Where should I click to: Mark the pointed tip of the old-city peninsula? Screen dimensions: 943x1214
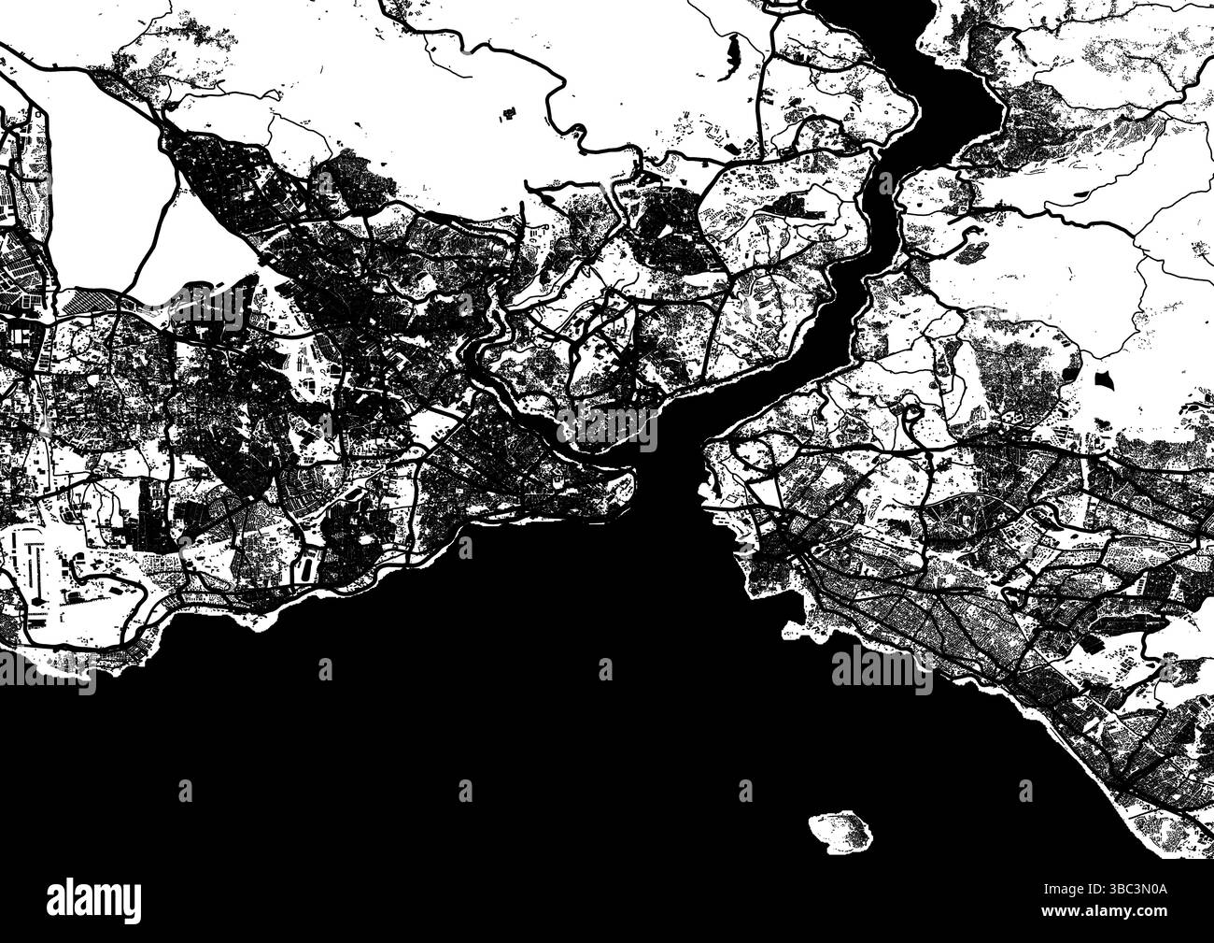635,482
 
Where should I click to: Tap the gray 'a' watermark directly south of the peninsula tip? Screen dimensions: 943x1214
605,668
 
